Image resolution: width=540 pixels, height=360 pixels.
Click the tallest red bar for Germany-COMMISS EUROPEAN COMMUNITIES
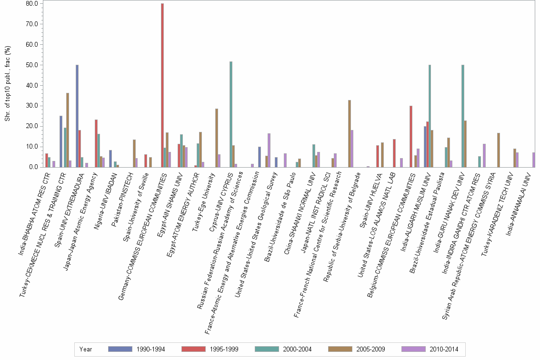point(162,85)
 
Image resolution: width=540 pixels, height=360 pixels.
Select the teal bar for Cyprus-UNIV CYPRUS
point(231,114)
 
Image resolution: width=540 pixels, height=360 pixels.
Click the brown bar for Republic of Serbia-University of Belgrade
point(350,133)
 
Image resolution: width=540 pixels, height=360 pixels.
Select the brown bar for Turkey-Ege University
point(217,138)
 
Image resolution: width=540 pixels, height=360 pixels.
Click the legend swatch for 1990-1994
point(120,349)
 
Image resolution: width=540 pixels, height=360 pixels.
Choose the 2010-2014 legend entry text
point(444,349)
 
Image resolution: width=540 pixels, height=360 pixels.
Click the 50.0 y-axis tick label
point(31,65)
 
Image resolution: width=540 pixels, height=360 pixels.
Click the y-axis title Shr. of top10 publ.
point(7,84)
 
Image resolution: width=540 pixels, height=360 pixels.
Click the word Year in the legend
point(86,349)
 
